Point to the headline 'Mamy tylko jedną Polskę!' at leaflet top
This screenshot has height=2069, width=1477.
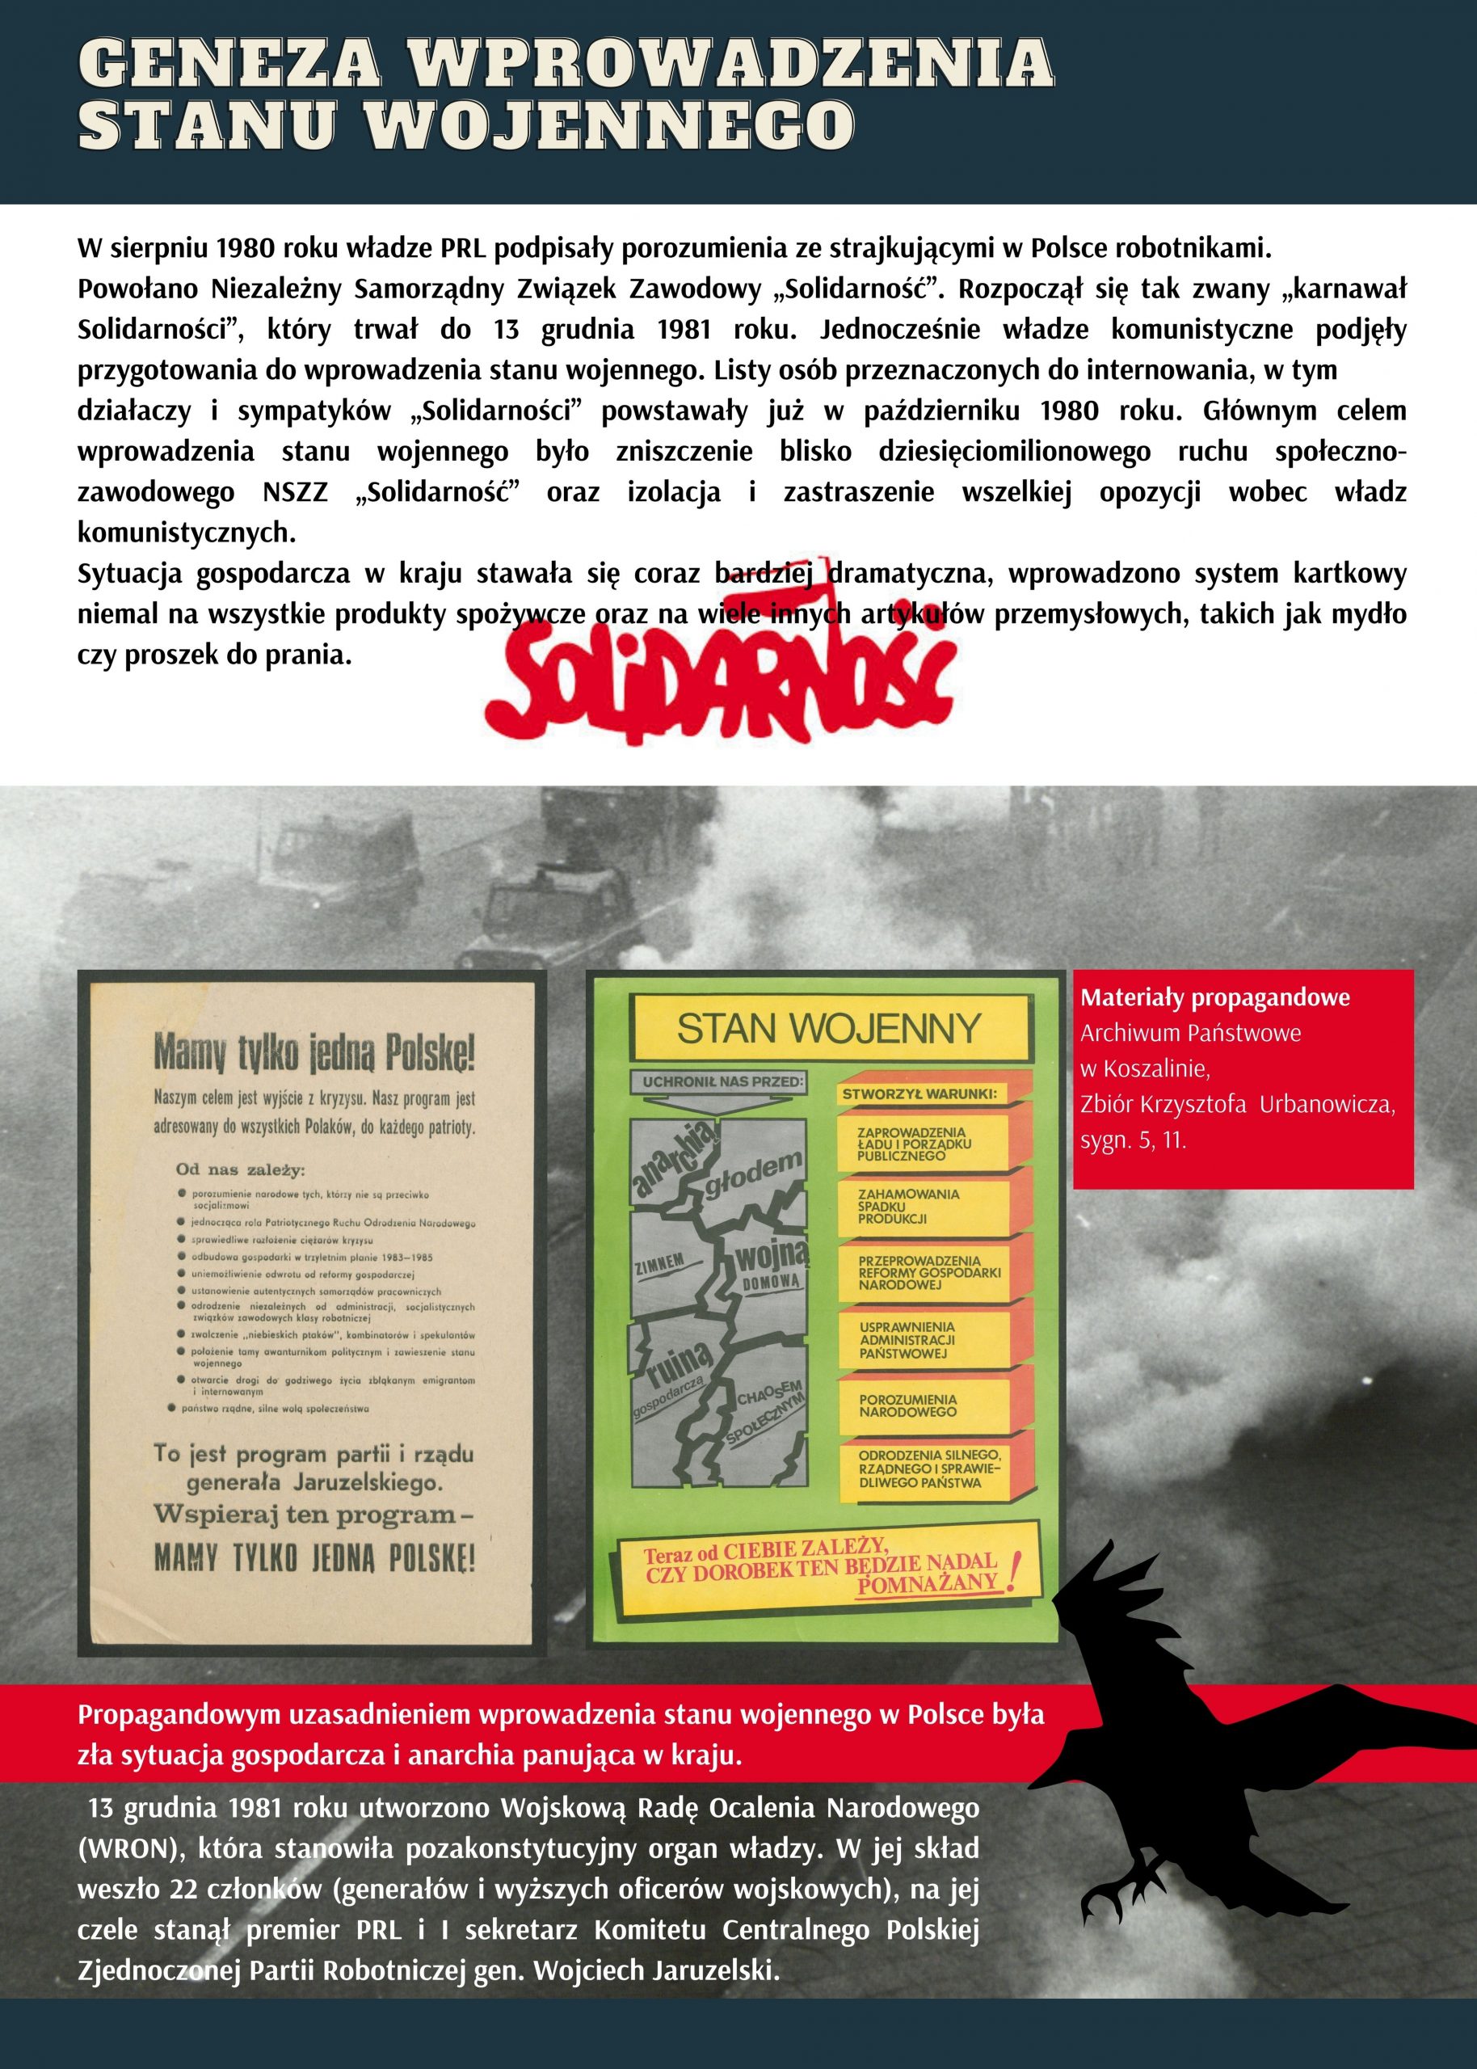[x=313, y=1055]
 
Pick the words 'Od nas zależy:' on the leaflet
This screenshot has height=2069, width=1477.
[x=241, y=1169]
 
